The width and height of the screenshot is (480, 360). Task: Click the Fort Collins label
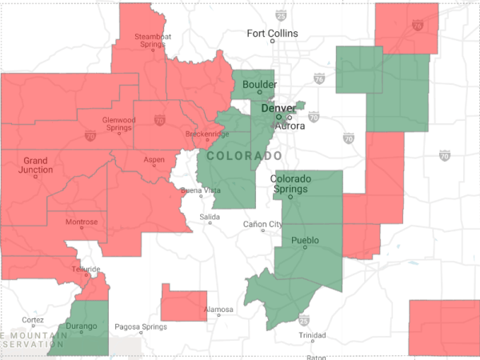pyautogui.click(x=272, y=34)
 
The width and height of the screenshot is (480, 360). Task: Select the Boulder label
pyautogui.click(x=260, y=84)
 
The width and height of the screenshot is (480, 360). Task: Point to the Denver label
pyautogui.click(x=278, y=108)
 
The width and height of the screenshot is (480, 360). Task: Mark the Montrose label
pyautogui.click(x=82, y=222)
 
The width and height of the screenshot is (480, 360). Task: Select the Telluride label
pyautogui.click(x=86, y=269)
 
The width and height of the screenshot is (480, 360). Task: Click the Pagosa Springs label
pyautogui.click(x=142, y=326)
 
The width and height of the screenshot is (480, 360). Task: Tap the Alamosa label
pyautogui.click(x=218, y=309)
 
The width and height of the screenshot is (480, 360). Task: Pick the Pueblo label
pyautogui.click(x=306, y=240)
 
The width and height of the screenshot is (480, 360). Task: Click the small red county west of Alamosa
pyautogui.click(x=184, y=302)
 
